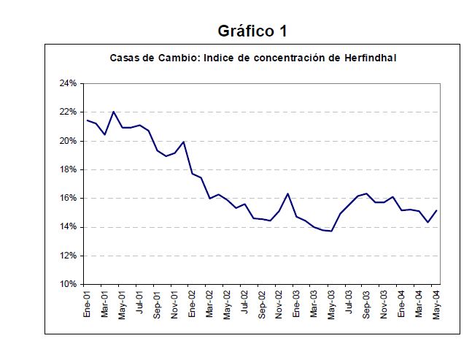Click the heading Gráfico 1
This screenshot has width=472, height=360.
252,31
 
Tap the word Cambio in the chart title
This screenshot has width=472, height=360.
169,57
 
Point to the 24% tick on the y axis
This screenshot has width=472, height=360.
68,83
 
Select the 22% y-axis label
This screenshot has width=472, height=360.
68,112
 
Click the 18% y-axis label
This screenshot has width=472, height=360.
68,169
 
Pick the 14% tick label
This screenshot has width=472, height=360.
68,226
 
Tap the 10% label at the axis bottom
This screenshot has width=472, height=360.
68,284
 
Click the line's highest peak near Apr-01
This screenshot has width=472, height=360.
114,112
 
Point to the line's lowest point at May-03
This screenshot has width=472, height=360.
332,231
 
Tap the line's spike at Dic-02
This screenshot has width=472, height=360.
288,194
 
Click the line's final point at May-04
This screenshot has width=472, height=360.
436,210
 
